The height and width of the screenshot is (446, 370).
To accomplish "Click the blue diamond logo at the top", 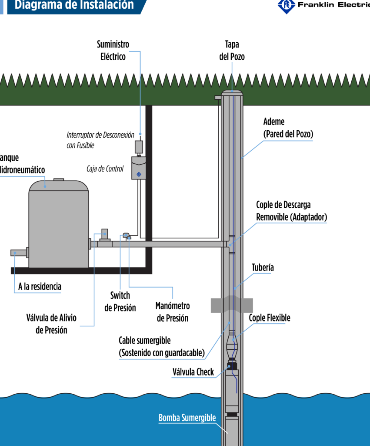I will click(286, 6).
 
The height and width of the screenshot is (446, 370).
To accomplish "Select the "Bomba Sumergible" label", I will click(187, 418).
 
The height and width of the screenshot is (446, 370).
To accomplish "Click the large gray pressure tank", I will click(59, 226).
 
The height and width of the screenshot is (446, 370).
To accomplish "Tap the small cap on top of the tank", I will click(59, 179).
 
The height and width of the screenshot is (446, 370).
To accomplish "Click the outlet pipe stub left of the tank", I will click(19, 253).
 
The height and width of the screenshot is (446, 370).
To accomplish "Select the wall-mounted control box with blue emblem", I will click(139, 168).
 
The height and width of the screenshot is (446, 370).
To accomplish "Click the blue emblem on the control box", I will click(139, 175).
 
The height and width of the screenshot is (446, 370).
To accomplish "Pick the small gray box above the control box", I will click(139, 146).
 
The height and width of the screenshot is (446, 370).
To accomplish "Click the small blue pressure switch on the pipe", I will click(126, 235).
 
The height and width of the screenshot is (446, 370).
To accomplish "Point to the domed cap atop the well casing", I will click(232, 93).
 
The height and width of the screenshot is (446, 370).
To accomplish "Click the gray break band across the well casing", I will click(232, 305).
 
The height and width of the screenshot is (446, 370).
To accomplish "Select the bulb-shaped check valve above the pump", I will click(232, 347).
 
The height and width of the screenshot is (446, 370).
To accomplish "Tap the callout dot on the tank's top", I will click(45, 186).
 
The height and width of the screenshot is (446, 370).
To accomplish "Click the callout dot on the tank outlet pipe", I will click(14, 253).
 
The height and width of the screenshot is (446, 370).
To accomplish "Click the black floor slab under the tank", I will click(81, 271).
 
